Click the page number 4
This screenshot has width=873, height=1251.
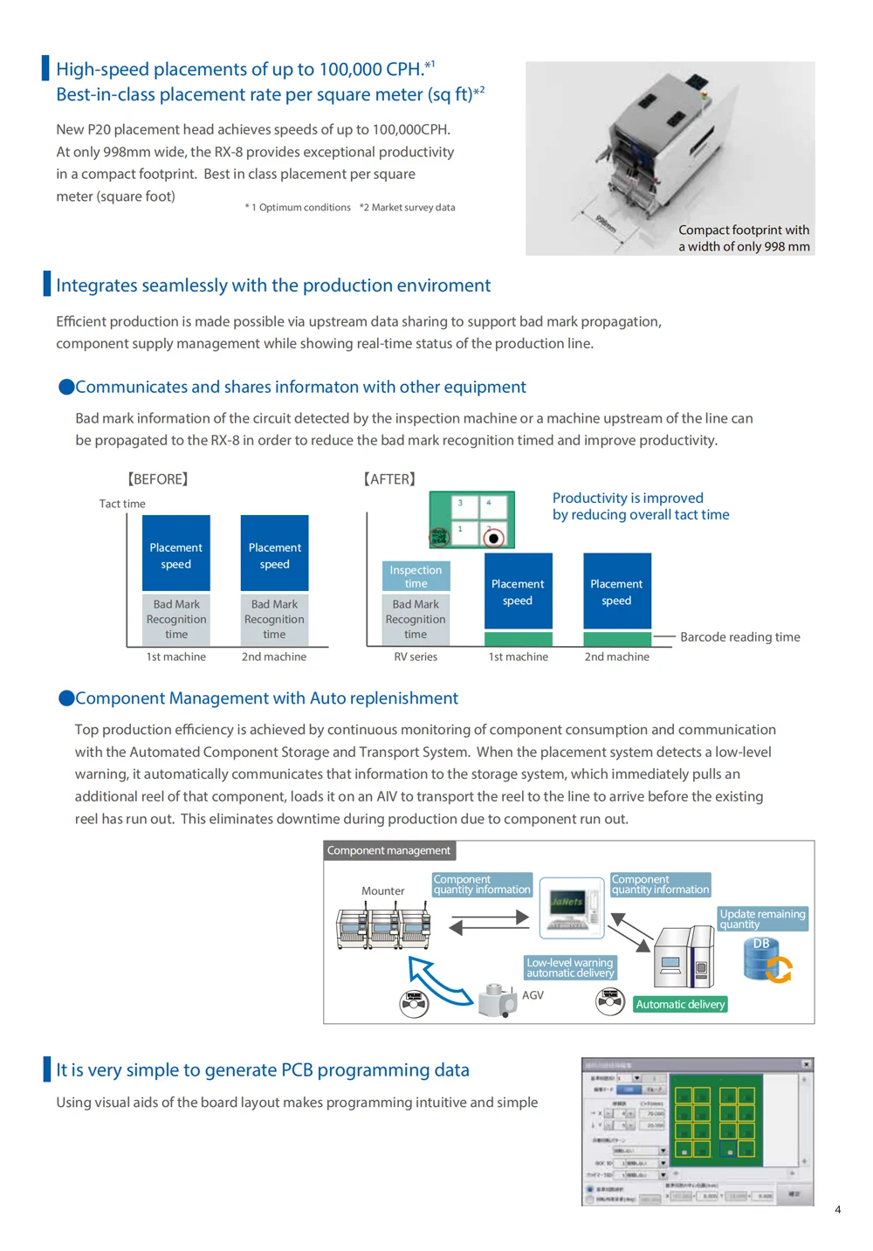tap(837, 1209)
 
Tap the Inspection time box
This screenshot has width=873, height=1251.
tap(416, 576)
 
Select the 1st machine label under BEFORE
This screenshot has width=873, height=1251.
tap(176, 656)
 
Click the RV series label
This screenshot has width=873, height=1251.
tap(416, 656)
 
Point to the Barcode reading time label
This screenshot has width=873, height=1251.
tap(739, 637)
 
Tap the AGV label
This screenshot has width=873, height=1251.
tap(533, 995)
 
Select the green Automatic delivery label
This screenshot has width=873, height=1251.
tap(680, 1005)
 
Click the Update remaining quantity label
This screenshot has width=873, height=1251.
tap(762, 918)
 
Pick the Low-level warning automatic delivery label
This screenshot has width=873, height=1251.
tap(570, 967)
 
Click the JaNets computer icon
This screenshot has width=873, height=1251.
tap(571, 908)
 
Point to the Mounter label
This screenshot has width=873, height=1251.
tap(382, 891)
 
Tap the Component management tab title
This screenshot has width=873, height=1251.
tap(388, 850)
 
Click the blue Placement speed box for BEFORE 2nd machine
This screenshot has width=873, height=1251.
tap(274, 553)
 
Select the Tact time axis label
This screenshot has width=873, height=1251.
tap(122, 504)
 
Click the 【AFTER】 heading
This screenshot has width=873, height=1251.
tap(389, 479)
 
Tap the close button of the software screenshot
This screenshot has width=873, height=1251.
tap(807, 1064)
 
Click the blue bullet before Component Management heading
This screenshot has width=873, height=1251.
tap(65, 698)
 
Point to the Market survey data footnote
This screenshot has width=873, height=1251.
tap(408, 208)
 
